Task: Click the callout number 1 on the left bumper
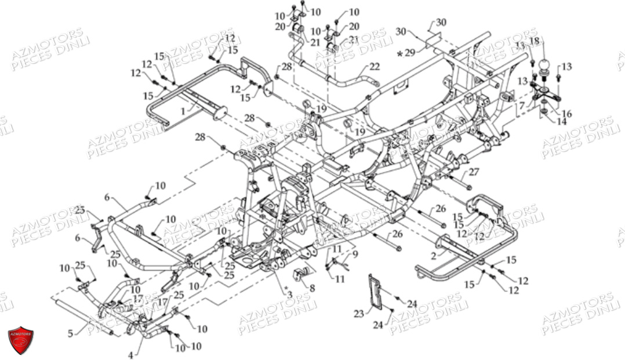(183, 110)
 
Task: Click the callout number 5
(71, 333)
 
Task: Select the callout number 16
(566, 114)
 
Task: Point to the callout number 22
(374, 66)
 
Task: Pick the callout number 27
(474, 171)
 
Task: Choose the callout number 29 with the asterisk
(409, 53)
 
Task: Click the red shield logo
(20, 340)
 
